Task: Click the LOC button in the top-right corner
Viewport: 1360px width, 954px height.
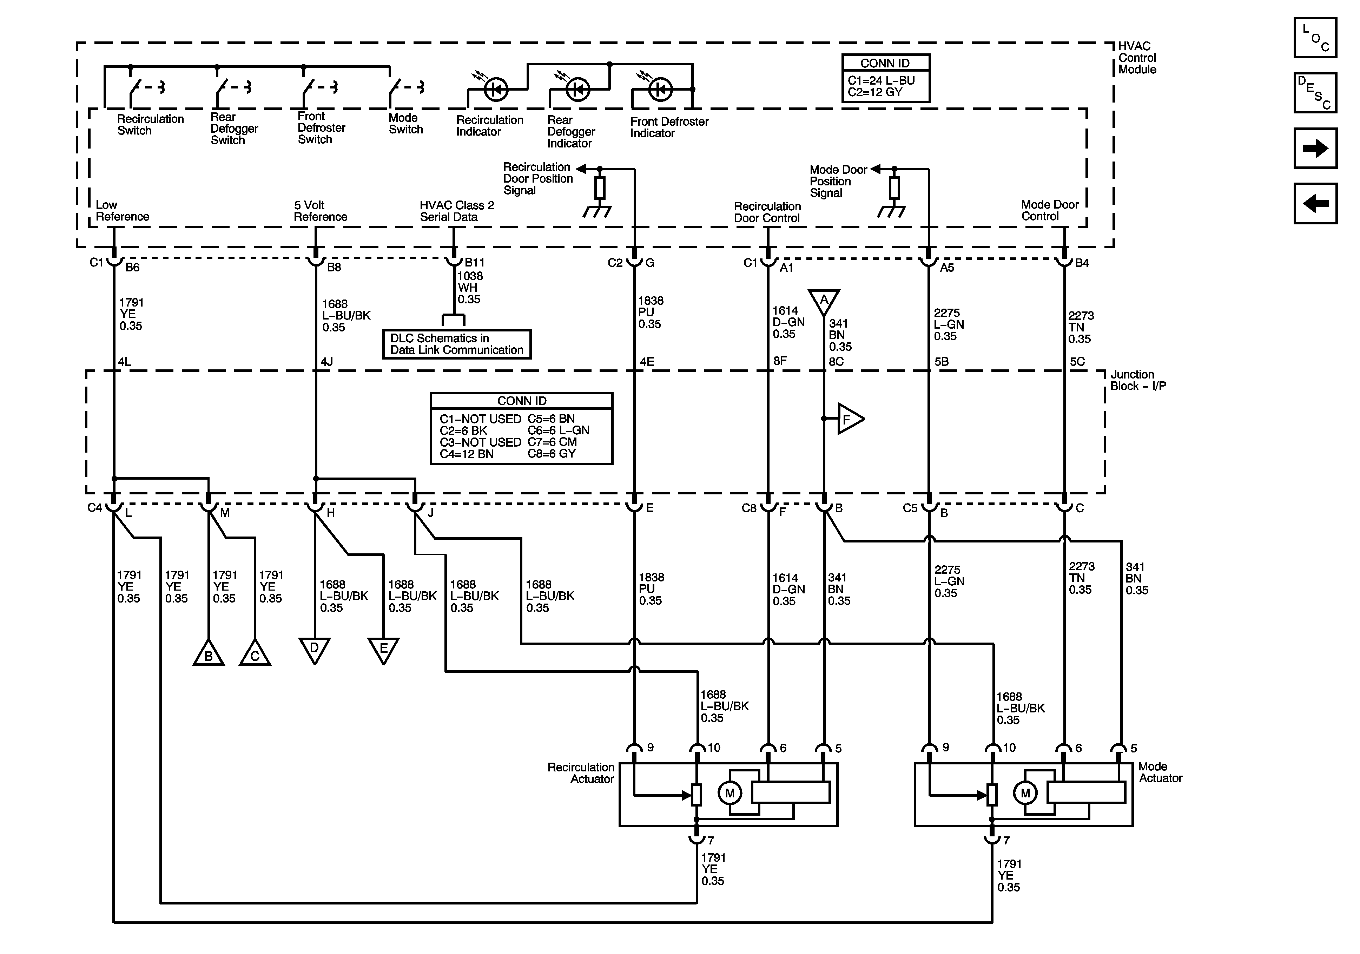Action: point(1315,37)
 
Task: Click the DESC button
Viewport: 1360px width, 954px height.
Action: point(1315,92)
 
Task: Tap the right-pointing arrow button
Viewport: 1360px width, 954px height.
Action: point(1315,148)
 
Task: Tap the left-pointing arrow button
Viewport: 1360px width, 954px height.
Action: point(1315,203)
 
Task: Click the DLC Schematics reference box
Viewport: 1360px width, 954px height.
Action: point(457,344)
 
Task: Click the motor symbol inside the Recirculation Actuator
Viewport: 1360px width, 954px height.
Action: point(730,793)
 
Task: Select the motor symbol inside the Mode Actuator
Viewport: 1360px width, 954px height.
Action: point(1025,793)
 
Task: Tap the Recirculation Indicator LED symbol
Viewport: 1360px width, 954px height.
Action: point(496,90)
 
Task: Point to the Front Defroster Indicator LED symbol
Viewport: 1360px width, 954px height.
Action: point(660,90)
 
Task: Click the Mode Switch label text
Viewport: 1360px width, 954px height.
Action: point(406,123)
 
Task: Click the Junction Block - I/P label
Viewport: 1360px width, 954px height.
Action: point(1138,380)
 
